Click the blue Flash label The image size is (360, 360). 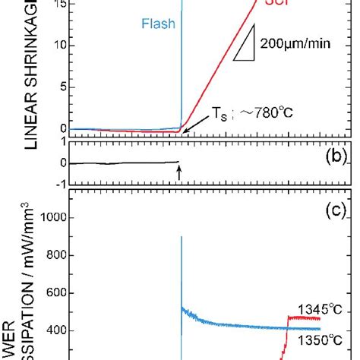point(157,24)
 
